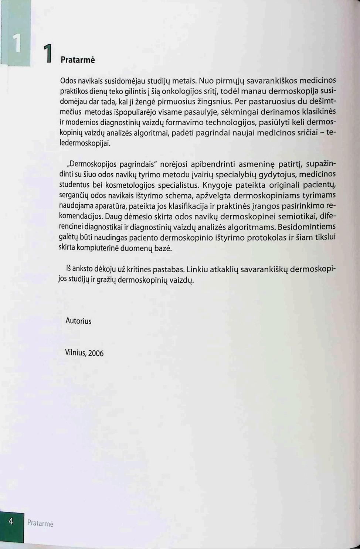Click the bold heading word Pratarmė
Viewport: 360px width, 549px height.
pos(78,60)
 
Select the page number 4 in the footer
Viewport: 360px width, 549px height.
pos(11,521)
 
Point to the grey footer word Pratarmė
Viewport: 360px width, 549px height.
pos(40,523)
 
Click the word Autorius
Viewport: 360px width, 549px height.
pos(78,321)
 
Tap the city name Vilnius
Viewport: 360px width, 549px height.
pos(75,352)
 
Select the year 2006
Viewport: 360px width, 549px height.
pos(96,353)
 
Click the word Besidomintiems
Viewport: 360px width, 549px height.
pos(306,226)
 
